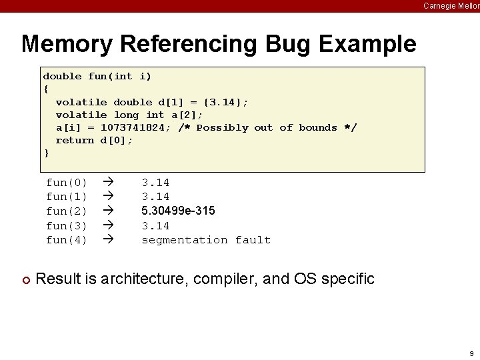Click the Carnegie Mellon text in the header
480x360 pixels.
451,5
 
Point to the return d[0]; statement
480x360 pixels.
94,140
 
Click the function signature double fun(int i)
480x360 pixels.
97,76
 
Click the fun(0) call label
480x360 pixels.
66,183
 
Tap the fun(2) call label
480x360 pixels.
66,211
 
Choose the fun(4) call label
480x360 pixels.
66,240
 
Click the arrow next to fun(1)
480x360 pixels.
109,197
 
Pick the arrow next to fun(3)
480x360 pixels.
109,226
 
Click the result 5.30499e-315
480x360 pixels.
178,211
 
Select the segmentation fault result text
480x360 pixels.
206,240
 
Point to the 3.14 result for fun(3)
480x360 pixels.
155,226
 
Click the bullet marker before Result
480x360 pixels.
25,279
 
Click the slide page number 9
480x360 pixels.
471,353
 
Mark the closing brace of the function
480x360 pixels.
46,153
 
